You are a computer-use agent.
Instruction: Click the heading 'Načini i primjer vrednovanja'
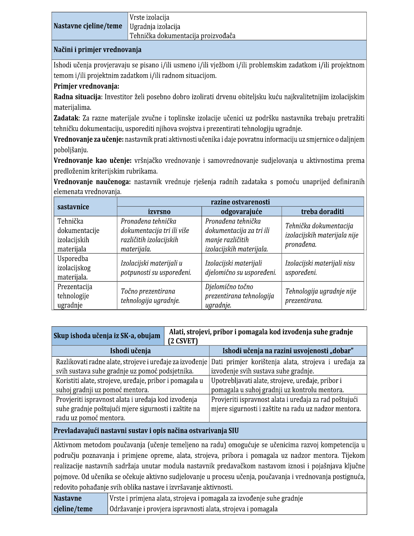(x=97, y=50)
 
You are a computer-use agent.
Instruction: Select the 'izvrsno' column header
(x=159, y=211)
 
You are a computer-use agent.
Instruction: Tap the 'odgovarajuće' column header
(x=241, y=211)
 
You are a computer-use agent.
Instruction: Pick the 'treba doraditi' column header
(x=322, y=211)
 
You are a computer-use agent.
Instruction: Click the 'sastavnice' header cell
(x=73, y=207)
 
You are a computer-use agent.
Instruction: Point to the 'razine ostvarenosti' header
(x=240, y=202)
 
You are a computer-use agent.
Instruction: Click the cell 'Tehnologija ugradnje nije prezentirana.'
(x=321, y=296)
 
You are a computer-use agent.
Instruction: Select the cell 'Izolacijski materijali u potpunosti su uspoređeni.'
(x=156, y=268)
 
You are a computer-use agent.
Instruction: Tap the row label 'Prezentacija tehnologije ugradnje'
(x=75, y=296)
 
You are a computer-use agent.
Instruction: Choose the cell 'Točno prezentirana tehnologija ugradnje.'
(x=150, y=296)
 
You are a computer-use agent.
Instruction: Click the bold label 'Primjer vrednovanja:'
(x=86, y=86)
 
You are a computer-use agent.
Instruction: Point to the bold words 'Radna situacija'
(x=77, y=97)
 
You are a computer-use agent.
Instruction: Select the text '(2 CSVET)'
(x=183, y=341)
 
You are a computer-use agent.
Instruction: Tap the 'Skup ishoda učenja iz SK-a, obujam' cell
(x=107, y=336)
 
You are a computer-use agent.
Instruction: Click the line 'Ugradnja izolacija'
(x=155, y=27)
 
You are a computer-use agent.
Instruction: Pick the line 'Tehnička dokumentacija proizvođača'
(x=182, y=36)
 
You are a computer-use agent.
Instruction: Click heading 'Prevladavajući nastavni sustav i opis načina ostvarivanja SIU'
(x=146, y=431)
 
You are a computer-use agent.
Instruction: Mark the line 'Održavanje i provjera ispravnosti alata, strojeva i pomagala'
(x=194, y=509)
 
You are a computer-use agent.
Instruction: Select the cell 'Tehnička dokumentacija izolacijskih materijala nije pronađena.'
(x=321, y=235)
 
